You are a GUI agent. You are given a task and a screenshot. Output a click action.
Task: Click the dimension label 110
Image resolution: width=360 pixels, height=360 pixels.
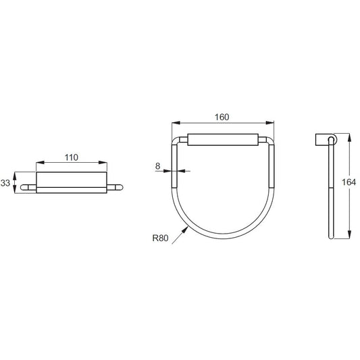tap(72, 157)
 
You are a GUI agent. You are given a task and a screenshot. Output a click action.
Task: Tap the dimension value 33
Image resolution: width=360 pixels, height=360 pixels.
tap(5, 183)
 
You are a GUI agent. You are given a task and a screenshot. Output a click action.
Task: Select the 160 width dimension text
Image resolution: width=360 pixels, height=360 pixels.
tap(222, 117)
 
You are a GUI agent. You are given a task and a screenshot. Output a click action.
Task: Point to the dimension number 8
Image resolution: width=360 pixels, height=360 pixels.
tap(157, 165)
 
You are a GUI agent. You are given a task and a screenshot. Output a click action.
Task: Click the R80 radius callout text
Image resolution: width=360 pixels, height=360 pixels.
tap(160, 238)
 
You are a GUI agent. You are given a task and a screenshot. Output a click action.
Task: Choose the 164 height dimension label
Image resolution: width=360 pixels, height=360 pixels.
tap(349, 182)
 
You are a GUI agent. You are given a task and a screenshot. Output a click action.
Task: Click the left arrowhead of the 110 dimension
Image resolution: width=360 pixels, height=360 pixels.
tap(40, 163)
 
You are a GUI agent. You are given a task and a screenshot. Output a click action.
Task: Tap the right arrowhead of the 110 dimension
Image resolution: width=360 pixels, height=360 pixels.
tap(103, 163)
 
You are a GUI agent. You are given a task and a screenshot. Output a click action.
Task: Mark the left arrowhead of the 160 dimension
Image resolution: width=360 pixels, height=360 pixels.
tap(176, 123)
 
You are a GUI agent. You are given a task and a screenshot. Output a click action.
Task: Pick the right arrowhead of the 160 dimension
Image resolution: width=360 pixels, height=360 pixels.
tap(270, 123)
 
